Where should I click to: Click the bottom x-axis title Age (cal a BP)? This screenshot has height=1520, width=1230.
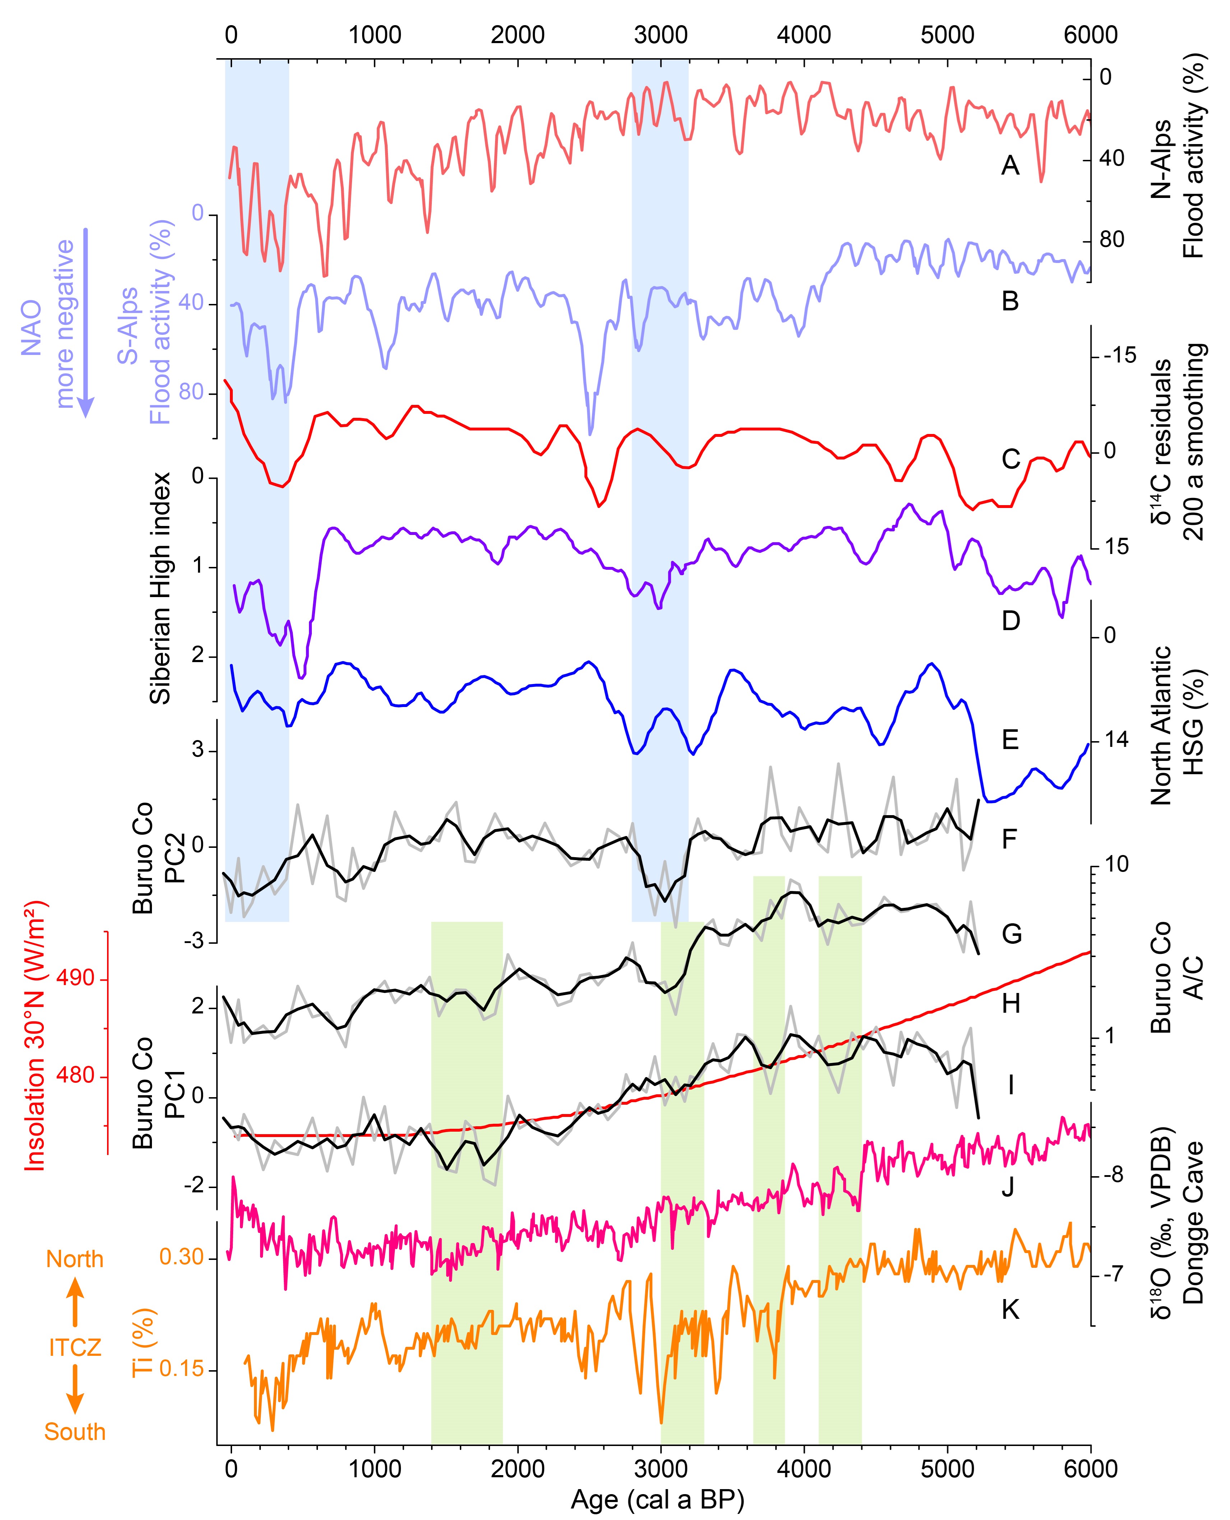[x=657, y=1500]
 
